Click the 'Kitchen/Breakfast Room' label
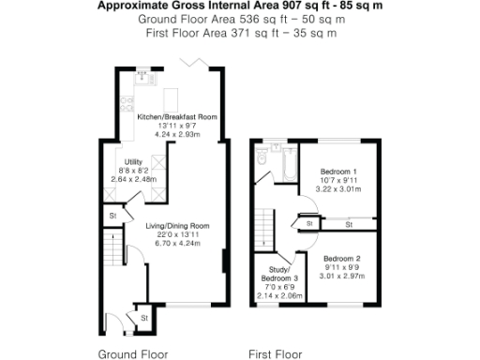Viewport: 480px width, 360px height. (177, 116)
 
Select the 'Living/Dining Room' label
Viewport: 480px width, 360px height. (177, 226)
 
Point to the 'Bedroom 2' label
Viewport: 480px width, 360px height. (341, 258)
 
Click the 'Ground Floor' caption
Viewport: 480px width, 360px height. (135, 354)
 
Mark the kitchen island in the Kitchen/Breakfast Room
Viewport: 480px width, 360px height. (172, 97)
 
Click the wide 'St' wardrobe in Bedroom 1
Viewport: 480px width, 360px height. (348, 225)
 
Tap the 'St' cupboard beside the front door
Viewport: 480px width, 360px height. (143, 319)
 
